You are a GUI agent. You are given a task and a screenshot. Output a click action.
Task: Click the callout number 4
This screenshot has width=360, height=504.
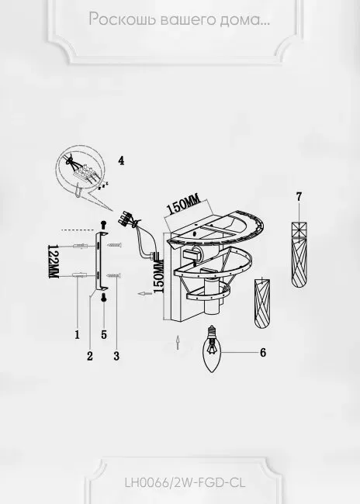click(121, 161)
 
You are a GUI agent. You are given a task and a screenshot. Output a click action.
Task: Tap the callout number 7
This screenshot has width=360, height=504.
click(299, 196)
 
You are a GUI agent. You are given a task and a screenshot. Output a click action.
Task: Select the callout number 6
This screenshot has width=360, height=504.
click(263, 353)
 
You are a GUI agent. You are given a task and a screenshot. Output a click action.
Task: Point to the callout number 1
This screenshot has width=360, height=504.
click(78, 335)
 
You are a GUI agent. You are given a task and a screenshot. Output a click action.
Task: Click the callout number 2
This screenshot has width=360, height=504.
click(90, 356)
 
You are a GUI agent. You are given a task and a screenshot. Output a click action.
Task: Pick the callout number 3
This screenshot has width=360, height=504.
click(116, 356)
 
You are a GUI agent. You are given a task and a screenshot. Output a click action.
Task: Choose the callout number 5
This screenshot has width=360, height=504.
click(104, 335)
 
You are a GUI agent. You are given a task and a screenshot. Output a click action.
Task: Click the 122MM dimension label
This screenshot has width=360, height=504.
click(53, 261)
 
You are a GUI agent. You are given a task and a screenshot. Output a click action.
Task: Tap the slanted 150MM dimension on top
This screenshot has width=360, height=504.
click(183, 204)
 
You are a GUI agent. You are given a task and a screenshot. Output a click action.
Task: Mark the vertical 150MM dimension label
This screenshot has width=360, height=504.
click(159, 277)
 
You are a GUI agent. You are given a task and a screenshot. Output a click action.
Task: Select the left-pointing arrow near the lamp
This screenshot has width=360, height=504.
click(144, 293)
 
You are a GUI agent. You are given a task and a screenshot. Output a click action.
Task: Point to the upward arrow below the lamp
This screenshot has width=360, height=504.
click(178, 343)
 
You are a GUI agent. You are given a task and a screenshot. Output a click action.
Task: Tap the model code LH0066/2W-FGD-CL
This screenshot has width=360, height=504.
click(185, 482)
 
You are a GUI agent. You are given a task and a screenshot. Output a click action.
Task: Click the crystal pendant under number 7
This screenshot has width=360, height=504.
click(299, 254)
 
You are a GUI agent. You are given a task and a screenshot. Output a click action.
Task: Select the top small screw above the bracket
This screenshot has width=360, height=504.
click(103, 225)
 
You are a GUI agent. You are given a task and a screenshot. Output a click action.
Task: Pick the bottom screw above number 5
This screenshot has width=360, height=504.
click(104, 297)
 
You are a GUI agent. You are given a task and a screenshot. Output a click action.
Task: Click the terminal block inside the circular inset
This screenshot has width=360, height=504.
click(84, 172)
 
